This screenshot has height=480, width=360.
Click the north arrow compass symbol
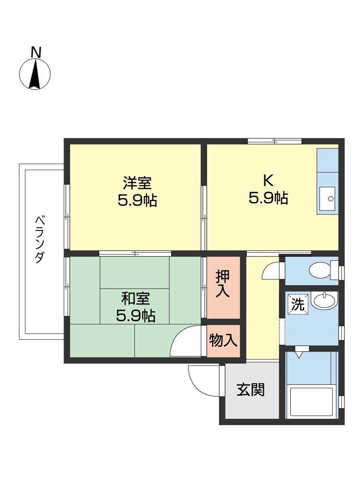tap(35, 74)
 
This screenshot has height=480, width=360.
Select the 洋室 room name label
tap(137, 183)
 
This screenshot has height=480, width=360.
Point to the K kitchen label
tap(268, 181)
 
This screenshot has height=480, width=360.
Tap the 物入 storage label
tap(224, 341)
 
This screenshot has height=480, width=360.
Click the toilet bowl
tap(320, 270)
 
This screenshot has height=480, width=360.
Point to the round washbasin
tap(324, 300)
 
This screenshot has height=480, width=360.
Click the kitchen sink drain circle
tap(330, 198)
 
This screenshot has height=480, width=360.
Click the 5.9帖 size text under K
tap(268, 198)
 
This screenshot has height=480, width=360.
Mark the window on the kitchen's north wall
tap(274, 141)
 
